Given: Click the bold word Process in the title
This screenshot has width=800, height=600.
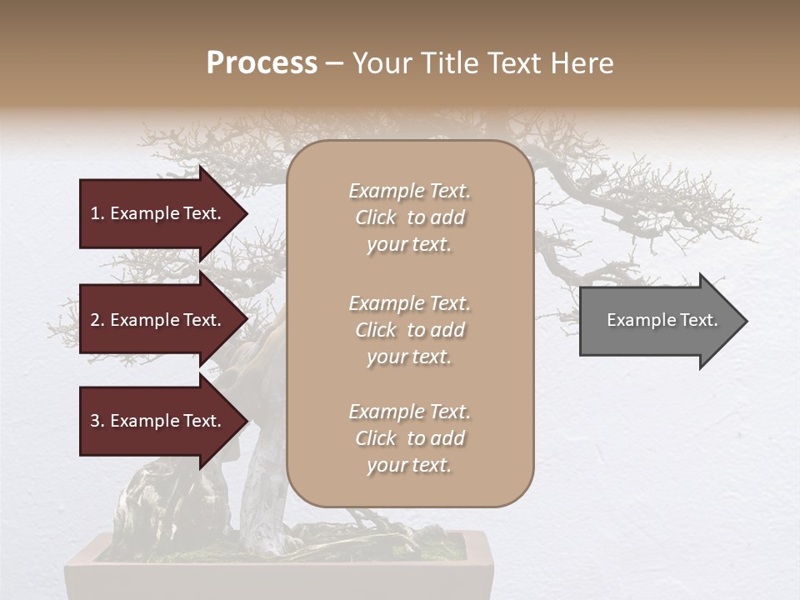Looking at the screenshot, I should coord(262,63).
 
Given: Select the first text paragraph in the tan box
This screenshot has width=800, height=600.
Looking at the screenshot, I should coord(409,217).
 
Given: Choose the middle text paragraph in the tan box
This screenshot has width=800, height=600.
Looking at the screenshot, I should coord(409,330).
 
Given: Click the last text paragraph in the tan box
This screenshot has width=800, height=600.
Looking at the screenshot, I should coord(409,438).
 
